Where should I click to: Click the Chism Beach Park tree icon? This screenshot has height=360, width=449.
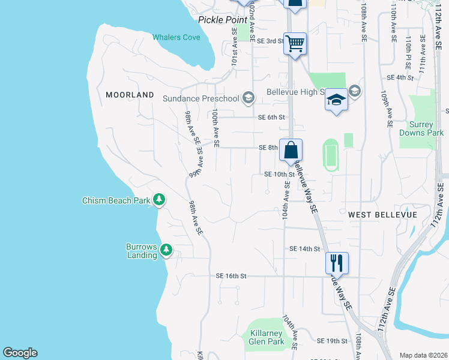tap(159, 199)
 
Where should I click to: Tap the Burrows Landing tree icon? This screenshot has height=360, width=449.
tap(166, 250)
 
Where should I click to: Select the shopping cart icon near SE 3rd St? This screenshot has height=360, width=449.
tap(295, 44)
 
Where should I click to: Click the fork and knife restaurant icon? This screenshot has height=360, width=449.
tap(337, 263)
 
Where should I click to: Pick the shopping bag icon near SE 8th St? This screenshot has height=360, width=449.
tap(291, 150)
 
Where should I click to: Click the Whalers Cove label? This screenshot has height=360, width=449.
tap(176, 37)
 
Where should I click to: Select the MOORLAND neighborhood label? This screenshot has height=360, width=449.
tap(130, 95)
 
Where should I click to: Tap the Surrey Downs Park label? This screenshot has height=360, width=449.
tap(421, 128)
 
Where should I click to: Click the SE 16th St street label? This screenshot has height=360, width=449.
tap(232, 276)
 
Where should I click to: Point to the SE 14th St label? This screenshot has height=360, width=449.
tap(304, 248)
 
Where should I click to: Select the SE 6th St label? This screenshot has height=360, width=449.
tap(271, 118)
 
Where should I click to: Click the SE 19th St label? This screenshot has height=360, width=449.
tap(333, 341)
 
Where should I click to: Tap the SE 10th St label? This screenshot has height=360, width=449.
tap(280, 175)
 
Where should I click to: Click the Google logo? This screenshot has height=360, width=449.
tap(20, 353)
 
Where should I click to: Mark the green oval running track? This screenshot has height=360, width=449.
tap(330, 155)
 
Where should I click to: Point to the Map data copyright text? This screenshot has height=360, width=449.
tap(423, 355)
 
